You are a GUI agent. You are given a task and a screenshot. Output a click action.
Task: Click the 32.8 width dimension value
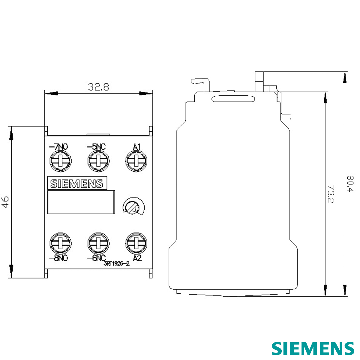(x=98, y=87)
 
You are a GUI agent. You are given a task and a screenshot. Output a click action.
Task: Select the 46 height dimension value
(x=5, y=202)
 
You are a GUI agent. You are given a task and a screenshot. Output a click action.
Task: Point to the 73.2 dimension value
(x=330, y=194)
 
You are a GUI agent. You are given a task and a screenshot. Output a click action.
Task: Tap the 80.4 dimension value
(x=350, y=184)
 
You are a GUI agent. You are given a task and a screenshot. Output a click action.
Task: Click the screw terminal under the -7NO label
(x=60, y=161)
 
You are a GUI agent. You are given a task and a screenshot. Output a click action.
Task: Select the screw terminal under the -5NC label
(x=98, y=161)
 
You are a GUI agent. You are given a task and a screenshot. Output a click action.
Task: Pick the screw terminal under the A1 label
(x=136, y=161)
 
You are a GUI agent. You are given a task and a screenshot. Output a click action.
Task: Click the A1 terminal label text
(x=136, y=147)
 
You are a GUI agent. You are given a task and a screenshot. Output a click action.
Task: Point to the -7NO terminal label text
(x=58, y=147)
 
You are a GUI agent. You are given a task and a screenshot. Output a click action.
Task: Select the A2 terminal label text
(x=137, y=258)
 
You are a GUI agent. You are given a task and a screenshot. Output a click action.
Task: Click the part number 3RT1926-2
(x=116, y=264)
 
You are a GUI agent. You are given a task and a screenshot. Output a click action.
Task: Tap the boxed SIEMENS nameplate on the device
(x=77, y=183)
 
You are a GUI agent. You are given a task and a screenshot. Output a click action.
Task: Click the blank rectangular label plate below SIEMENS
(x=81, y=202)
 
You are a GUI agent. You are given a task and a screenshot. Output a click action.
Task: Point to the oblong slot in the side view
(x=233, y=99)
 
